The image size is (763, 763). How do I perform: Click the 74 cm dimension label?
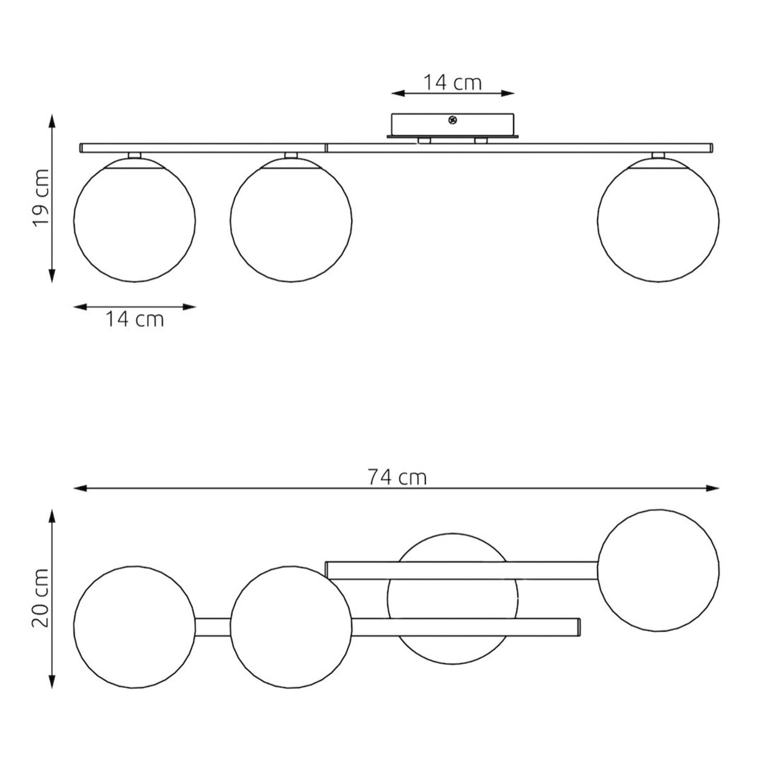point(397,477)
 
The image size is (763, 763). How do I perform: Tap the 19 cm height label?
point(41,197)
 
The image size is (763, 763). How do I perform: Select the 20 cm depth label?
point(41,598)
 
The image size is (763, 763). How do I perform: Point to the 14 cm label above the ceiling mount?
point(452,82)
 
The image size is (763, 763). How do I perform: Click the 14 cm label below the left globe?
point(134,319)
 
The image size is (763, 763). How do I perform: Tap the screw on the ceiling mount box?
point(453,120)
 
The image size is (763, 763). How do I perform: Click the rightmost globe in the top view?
point(658,570)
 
